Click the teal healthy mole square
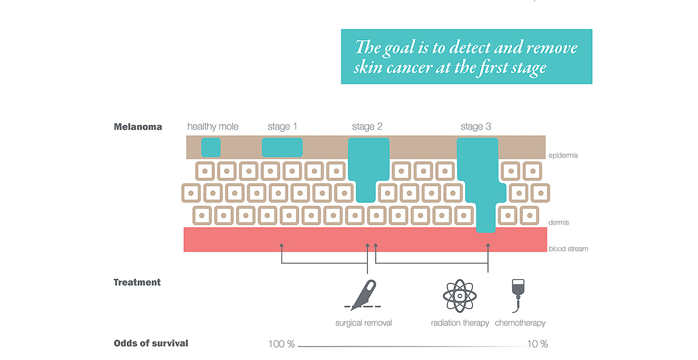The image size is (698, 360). [x=211, y=147]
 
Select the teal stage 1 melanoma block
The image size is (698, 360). [x=282, y=147]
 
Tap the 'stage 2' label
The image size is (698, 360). [x=367, y=127]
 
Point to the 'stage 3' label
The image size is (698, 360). [x=476, y=127]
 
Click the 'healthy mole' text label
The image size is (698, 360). [x=213, y=127]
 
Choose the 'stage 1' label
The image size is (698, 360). [x=282, y=127]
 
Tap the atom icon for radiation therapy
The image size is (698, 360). [x=460, y=296]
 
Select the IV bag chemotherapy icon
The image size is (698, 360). [x=518, y=295]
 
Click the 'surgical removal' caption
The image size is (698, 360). [x=364, y=323]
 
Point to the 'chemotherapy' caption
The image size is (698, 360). [x=520, y=323]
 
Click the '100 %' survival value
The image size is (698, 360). [x=282, y=344]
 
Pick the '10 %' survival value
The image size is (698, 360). [x=537, y=344]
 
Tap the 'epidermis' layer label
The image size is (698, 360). [x=563, y=155]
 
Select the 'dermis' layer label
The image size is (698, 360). [x=559, y=223]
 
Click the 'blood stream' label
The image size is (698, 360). [x=568, y=249]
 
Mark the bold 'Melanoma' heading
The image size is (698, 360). [x=138, y=127]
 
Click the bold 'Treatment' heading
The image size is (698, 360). [x=137, y=283]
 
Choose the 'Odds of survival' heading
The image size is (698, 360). [x=151, y=343]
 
